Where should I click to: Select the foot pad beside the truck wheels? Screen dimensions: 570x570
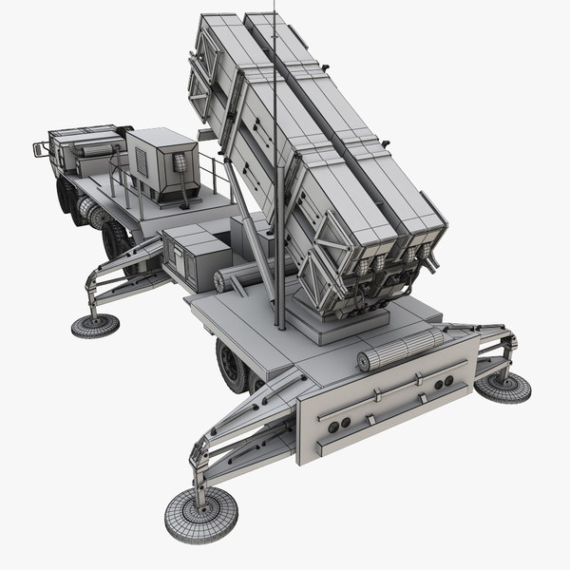click(x=95, y=325)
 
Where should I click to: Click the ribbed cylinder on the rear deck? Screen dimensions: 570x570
click(x=398, y=348)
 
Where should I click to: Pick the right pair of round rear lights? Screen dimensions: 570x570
click(x=441, y=383)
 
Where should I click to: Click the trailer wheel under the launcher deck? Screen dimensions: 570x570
click(x=231, y=366)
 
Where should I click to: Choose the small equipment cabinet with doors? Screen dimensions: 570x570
click(x=195, y=256)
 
